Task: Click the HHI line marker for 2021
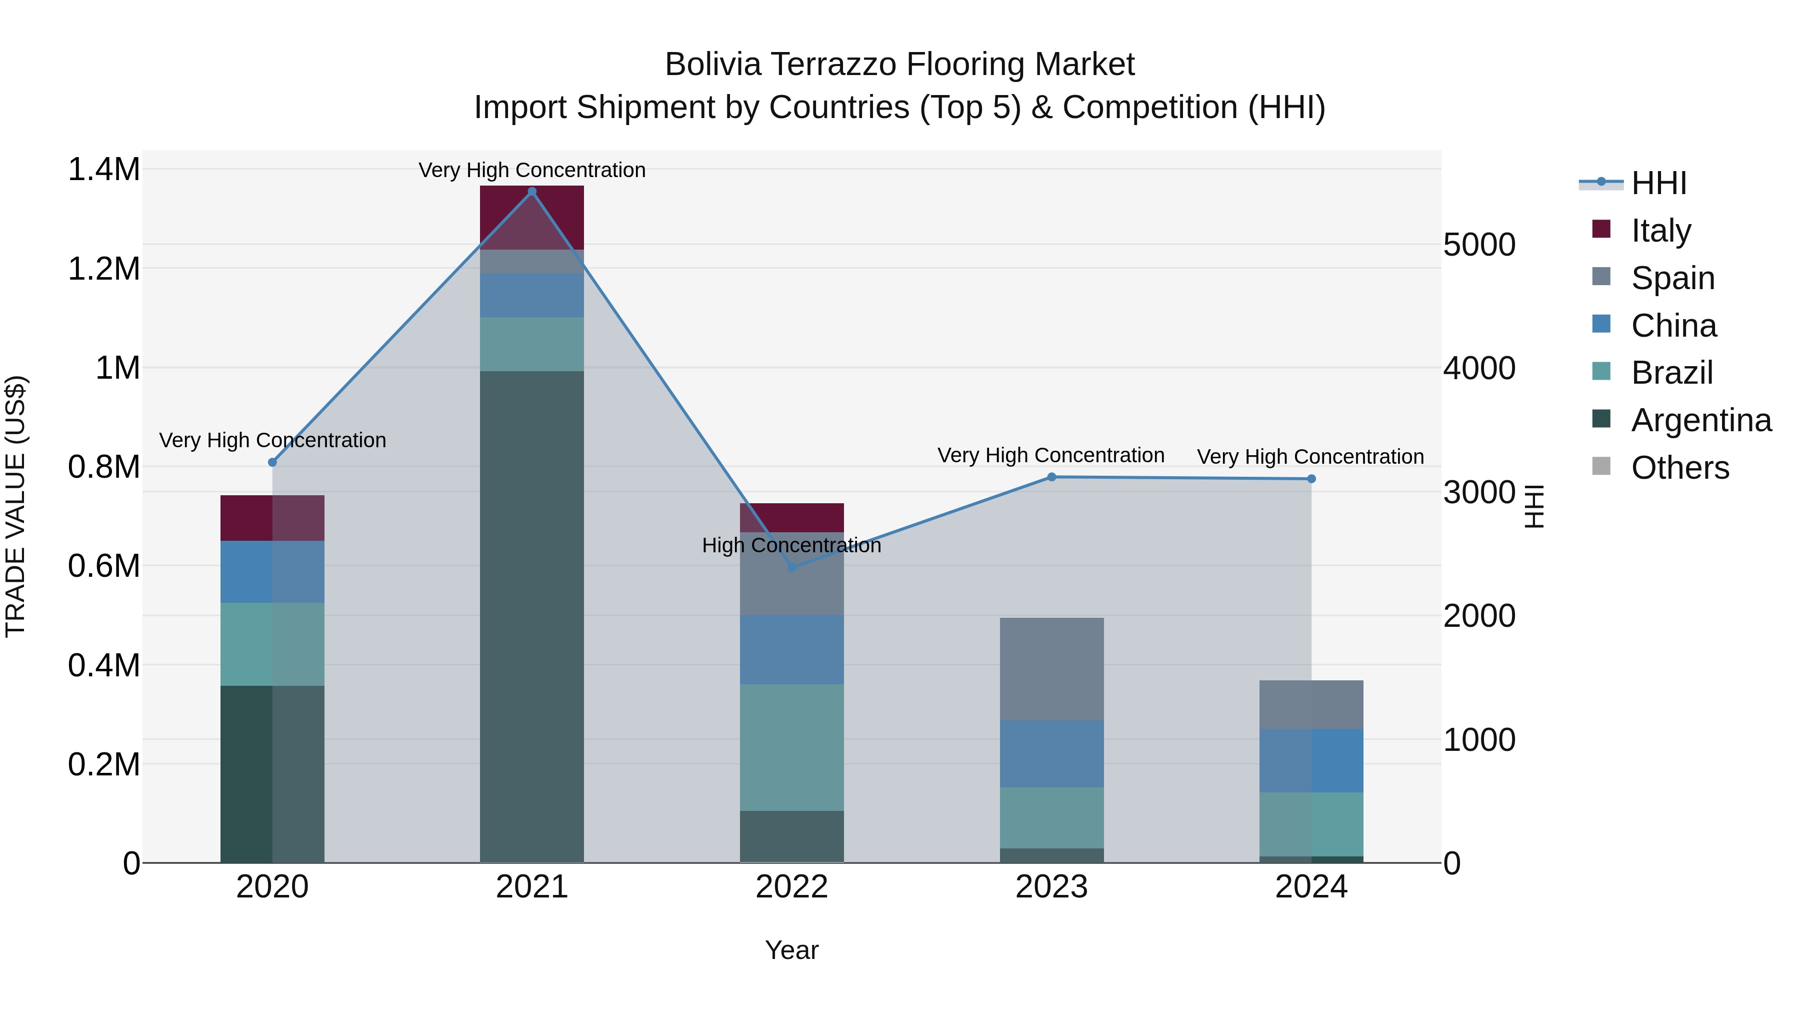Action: click(532, 192)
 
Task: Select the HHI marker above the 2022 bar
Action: click(791, 567)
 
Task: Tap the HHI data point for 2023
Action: click(1051, 477)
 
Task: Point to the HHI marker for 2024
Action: click(1311, 479)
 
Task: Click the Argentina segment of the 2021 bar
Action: click(532, 615)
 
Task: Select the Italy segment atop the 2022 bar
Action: click(791, 517)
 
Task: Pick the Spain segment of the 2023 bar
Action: click(1051, 668)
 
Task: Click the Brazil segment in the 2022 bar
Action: click(791, 747)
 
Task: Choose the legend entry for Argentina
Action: click(1701, 420)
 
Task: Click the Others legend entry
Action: click(1680, 468)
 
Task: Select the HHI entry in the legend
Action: click(1659, 183)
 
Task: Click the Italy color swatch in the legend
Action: click(1601, 229)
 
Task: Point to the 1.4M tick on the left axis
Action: click(103, 170)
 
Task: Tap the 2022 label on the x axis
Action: click(791, 887)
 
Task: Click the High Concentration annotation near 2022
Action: click(791, 545)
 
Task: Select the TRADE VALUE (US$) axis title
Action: click(16, 506)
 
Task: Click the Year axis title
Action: click(791, 950)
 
